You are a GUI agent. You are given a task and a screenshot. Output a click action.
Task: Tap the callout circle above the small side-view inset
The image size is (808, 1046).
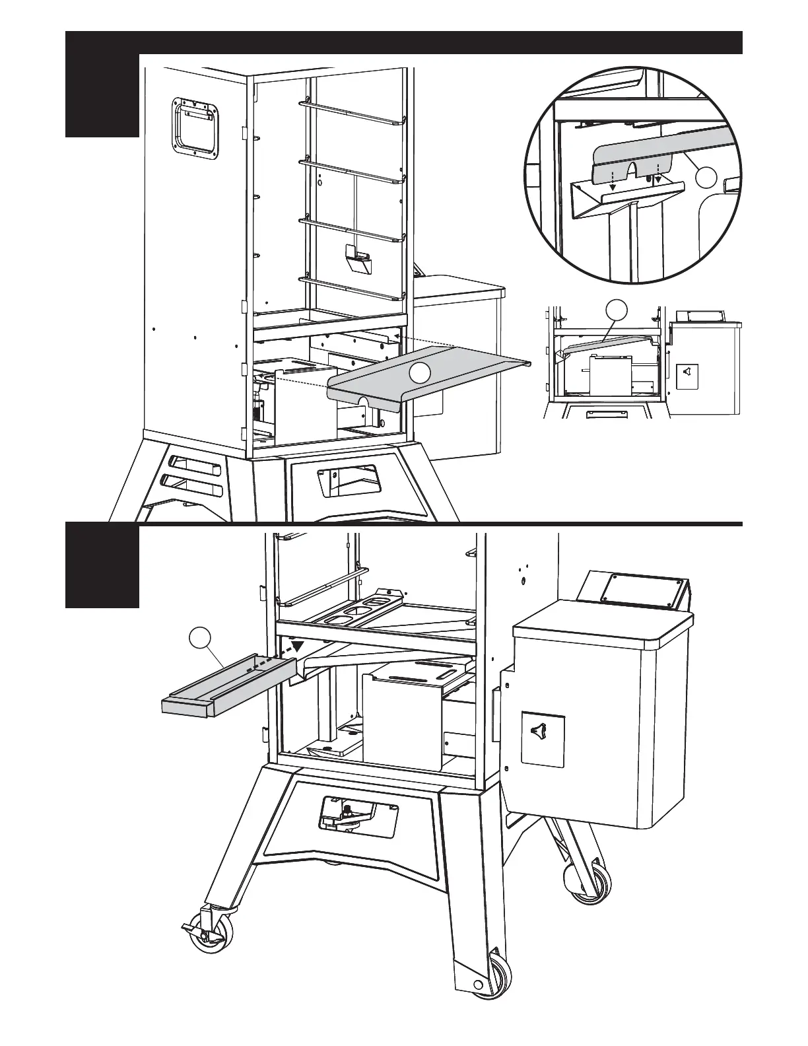[x=616, y=309]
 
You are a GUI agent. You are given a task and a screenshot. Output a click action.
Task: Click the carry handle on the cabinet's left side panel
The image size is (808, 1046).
[x=195, y=129]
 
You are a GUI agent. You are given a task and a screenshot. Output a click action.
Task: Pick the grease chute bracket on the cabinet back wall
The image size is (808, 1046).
[x=358, y=260]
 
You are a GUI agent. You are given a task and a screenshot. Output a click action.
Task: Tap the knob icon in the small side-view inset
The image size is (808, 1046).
[x=687, y=374]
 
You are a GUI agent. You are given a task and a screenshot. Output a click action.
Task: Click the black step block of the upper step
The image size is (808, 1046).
[x=102, y=83]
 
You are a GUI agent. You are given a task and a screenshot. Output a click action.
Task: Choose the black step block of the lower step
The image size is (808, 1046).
[x=102, y=566]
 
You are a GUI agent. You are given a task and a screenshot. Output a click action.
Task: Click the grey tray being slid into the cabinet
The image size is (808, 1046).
[x=224, y=687]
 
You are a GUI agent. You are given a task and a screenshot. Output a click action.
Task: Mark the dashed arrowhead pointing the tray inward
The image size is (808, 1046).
[x=299, y=646]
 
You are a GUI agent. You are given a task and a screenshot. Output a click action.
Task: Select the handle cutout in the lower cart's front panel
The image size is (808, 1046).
[x=357, y=812]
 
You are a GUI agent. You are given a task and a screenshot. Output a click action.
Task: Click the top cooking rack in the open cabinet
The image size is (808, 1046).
[x=352, y=112]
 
